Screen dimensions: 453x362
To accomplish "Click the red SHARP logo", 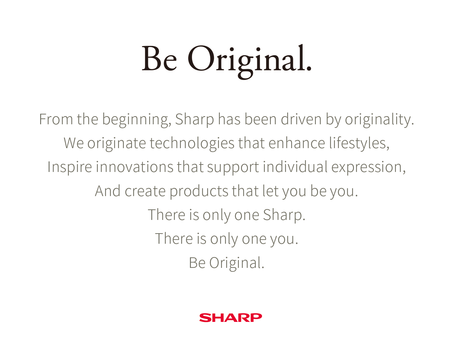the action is pos(230,318).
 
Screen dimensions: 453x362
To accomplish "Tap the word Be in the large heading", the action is pos(159,58).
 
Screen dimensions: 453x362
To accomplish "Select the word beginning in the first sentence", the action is pos(137,120).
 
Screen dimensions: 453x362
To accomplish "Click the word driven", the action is pos(301,119).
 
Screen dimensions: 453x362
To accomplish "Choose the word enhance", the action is pos(297,143).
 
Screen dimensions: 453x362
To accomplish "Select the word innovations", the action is pos(135,167).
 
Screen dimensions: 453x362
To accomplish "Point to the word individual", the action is pos(295,167).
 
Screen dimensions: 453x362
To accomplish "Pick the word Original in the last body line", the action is pos(236,263).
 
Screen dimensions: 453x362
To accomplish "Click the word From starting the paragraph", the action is pos(56,119).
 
